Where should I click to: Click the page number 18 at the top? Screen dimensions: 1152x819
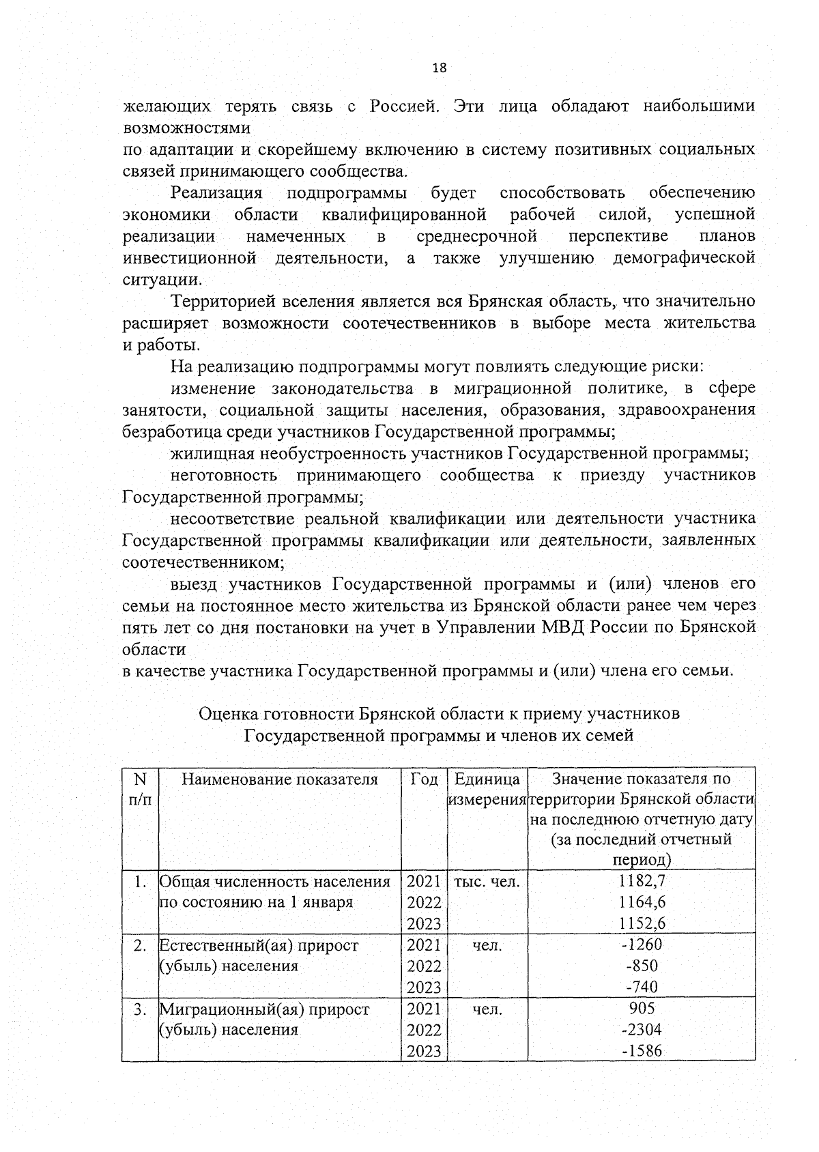[x=440, y=68]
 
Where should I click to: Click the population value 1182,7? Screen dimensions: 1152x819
[x=642, y=881]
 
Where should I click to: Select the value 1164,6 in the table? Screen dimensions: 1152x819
[x=642, y=902]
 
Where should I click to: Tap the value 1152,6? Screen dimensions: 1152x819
[x=642, y=923]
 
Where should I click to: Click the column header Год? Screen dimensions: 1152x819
[x=424, y=779]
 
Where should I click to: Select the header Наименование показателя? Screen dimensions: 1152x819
[x=280, y=779]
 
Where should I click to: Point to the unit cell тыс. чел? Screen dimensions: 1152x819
[x=487, y=881]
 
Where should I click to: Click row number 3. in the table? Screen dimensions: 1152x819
[x=140, y=1009]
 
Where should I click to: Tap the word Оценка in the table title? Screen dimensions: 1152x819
[x=229, y=714]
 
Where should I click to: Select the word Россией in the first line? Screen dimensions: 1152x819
[x=402, y=106]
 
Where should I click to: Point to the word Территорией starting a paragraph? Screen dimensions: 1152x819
[x=226, y=302]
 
